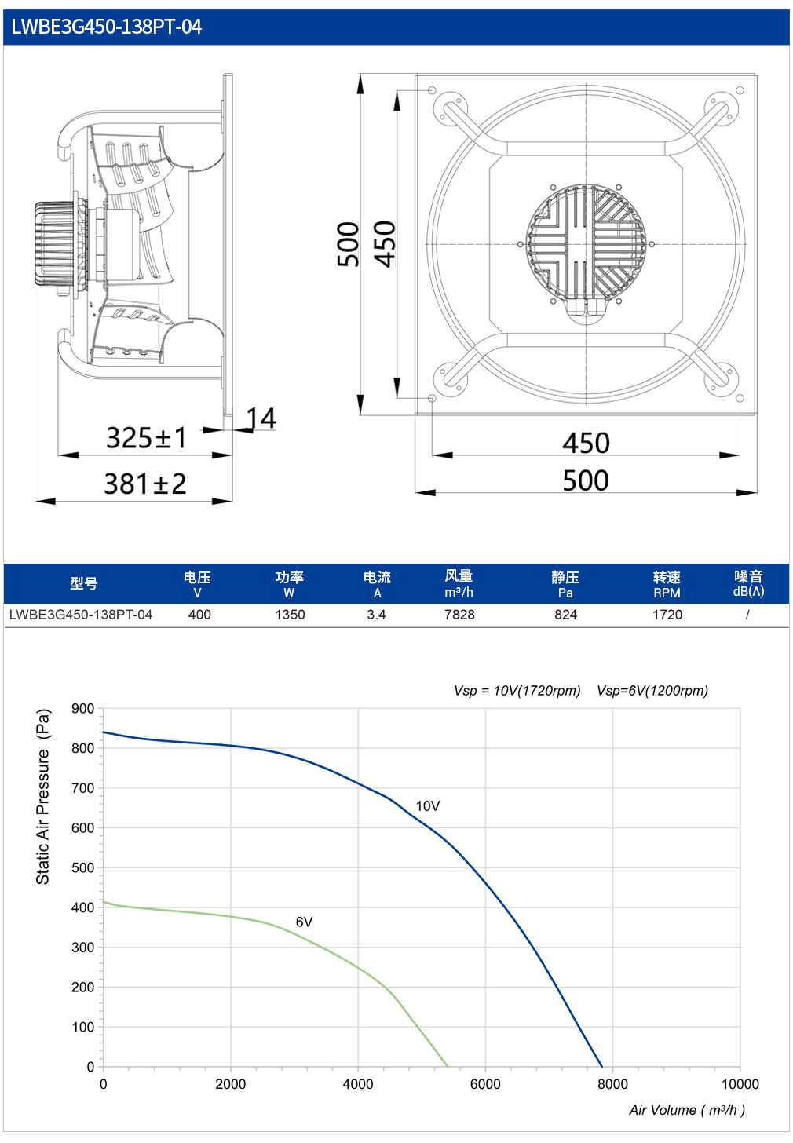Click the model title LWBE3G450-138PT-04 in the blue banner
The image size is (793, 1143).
[106, 27]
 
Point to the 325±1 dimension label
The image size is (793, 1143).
[147, 438]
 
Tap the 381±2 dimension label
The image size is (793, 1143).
[145, 484]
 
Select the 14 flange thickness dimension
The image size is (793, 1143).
[261, 418]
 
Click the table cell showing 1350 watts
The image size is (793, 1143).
[290, 615]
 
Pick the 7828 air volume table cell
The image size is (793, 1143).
[459, 615]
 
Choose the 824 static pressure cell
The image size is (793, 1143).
[565, 615]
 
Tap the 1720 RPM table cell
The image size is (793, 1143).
[667, 615]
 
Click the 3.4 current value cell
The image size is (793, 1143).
[376, 615]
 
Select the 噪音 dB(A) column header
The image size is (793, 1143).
[748, 583]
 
